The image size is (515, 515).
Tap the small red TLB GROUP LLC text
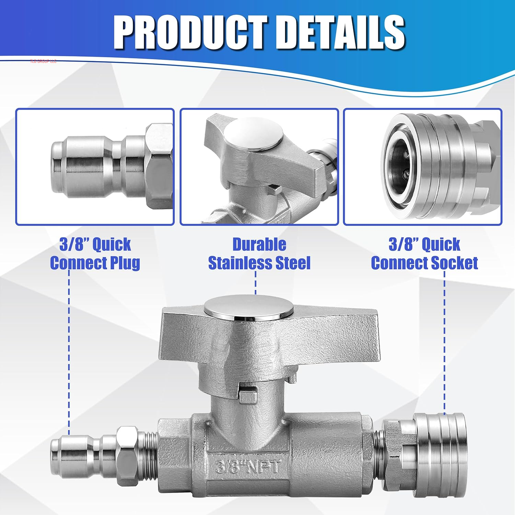pos(43,61)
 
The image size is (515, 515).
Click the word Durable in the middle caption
pos(259,245)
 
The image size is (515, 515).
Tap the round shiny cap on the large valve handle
pos(248,308)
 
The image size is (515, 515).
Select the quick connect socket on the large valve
pos(439,455)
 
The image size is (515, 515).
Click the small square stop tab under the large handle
pos(248,394)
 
